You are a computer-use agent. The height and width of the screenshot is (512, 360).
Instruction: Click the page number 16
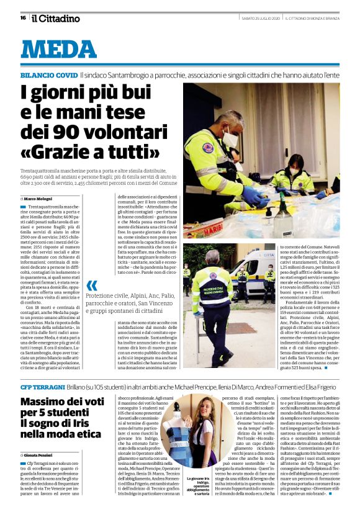(22, 17)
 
